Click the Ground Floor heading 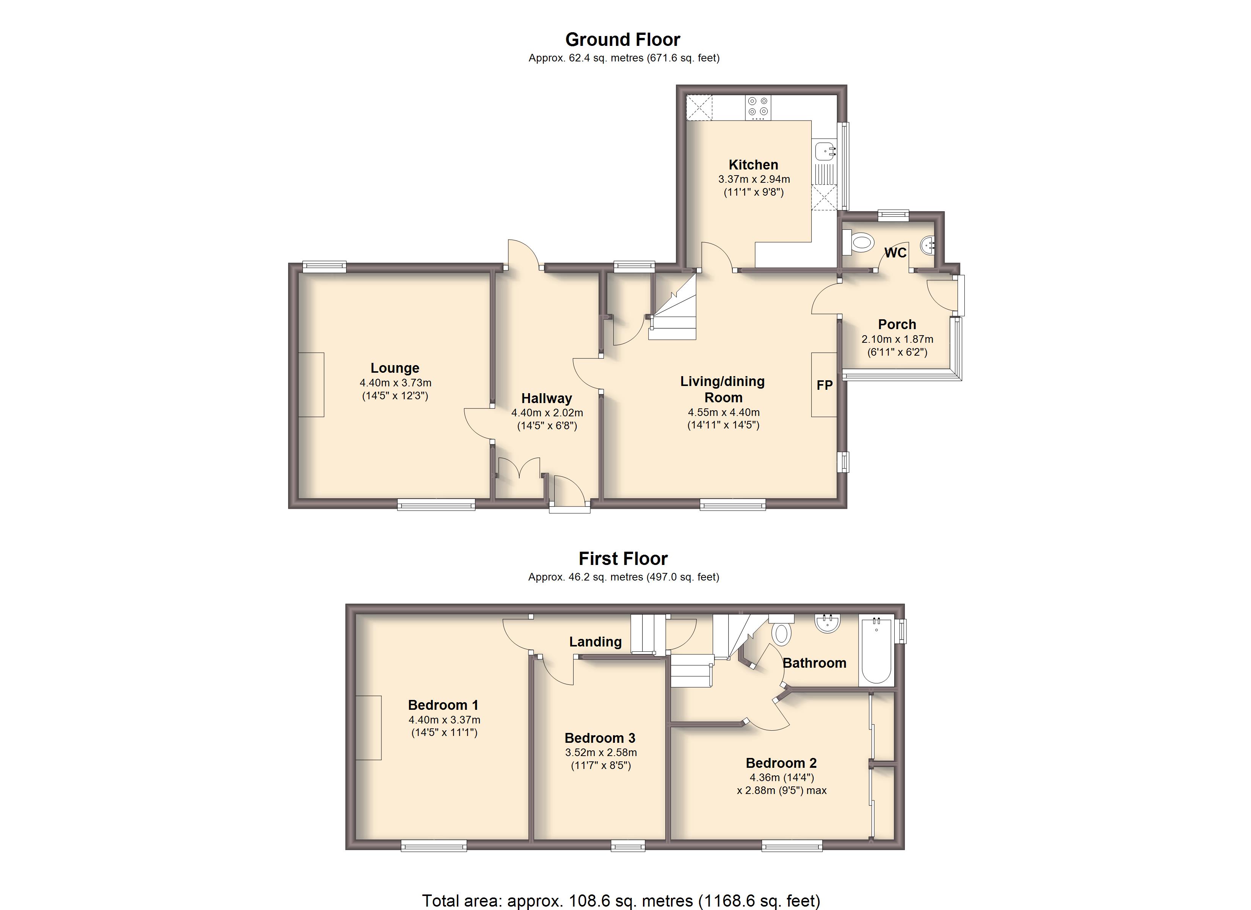623,40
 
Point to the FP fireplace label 825,385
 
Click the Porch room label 897,325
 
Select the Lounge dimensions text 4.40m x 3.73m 395,383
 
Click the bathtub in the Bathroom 876,651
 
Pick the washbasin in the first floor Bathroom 828,624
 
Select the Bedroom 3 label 600,738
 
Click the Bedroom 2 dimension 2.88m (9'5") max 782,790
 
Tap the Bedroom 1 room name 443,705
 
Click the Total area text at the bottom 621,901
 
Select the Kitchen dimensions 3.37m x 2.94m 754,179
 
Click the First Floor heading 623,559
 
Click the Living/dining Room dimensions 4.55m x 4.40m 723,412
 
